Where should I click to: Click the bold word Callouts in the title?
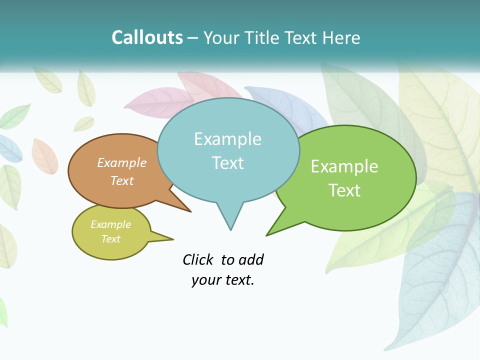(147, 37)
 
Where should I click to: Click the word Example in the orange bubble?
(122, 162)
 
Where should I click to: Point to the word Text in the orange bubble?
(122, 180)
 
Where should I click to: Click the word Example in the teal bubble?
(227, 139)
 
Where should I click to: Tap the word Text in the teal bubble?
(227, 163)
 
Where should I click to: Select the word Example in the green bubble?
(344, 166)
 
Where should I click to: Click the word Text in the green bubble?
(344, 190)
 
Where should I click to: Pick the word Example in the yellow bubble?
(111, 224)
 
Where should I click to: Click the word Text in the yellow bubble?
(111, 239)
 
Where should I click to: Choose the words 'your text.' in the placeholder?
(223, 280)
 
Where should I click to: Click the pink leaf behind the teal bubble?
(150, 102)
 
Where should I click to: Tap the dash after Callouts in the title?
(193, 37)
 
